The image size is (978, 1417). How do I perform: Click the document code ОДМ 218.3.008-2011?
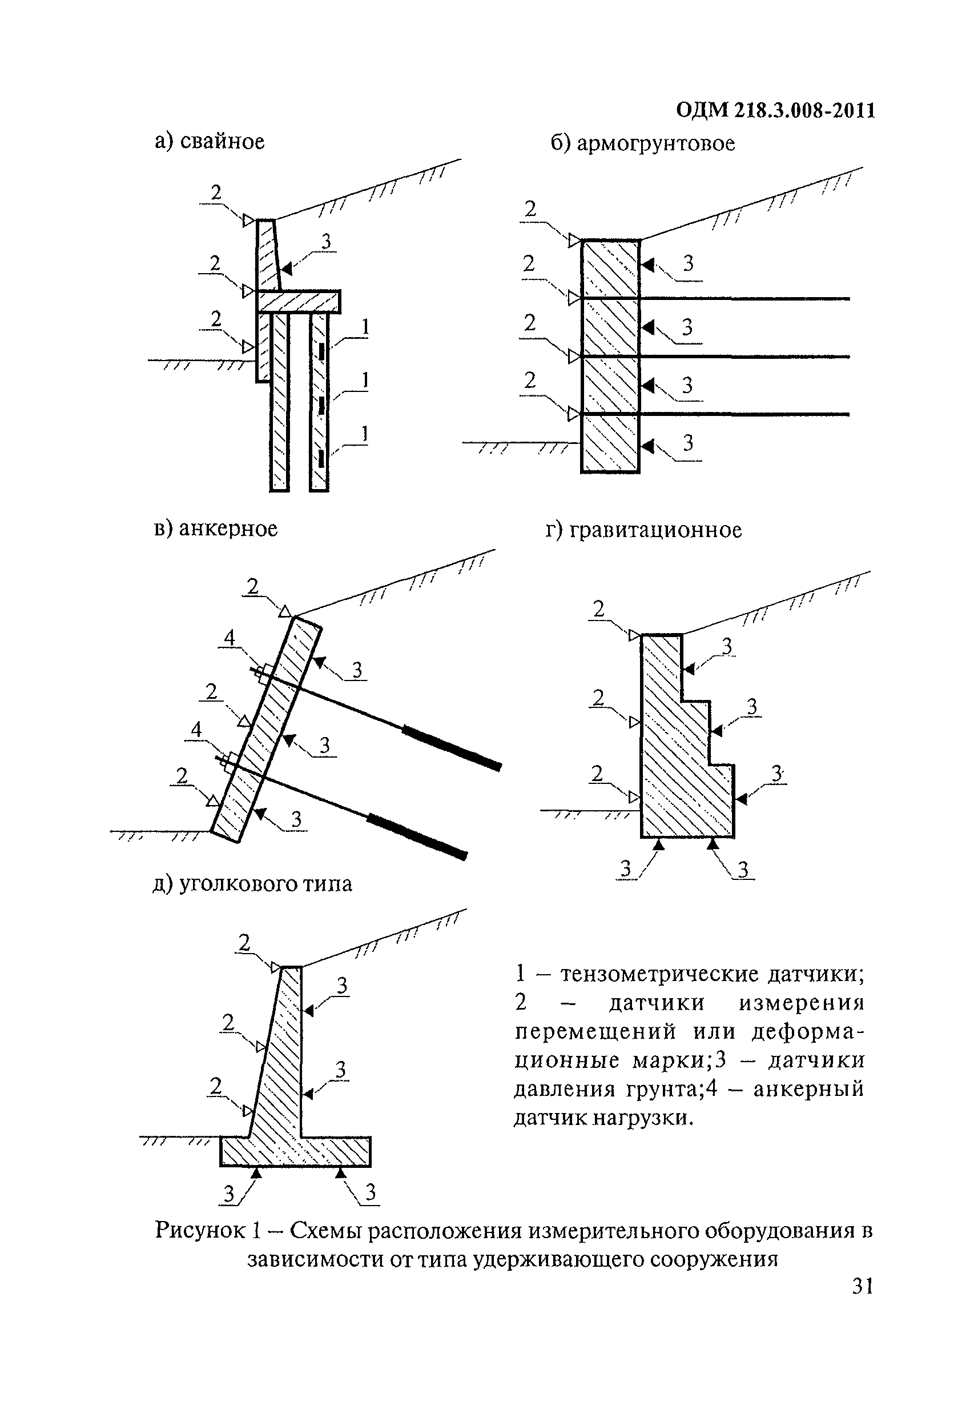[775, 110]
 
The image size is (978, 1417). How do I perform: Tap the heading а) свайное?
[210, 142]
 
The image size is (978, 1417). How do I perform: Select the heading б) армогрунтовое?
[642, 143]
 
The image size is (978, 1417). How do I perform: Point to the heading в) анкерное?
[216, 529]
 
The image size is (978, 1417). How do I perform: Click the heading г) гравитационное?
[643, 530]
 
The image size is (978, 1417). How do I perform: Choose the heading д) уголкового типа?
[252, 883]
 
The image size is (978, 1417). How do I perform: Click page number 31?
[863, 1286]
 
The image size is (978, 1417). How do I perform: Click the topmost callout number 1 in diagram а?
[365, 327]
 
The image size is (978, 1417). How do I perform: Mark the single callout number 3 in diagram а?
[326, 242]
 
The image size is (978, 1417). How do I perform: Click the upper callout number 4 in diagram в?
[229, 638]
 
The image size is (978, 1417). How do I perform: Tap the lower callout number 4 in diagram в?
[196, 730]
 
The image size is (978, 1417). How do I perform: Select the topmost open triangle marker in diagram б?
[574, 241]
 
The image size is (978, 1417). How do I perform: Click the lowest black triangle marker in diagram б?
[647, 446]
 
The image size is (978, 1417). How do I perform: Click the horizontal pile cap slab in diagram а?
[298, 302]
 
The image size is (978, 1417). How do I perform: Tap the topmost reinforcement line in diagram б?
[744, 299]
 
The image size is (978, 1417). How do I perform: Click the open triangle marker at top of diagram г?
[634, 636]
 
